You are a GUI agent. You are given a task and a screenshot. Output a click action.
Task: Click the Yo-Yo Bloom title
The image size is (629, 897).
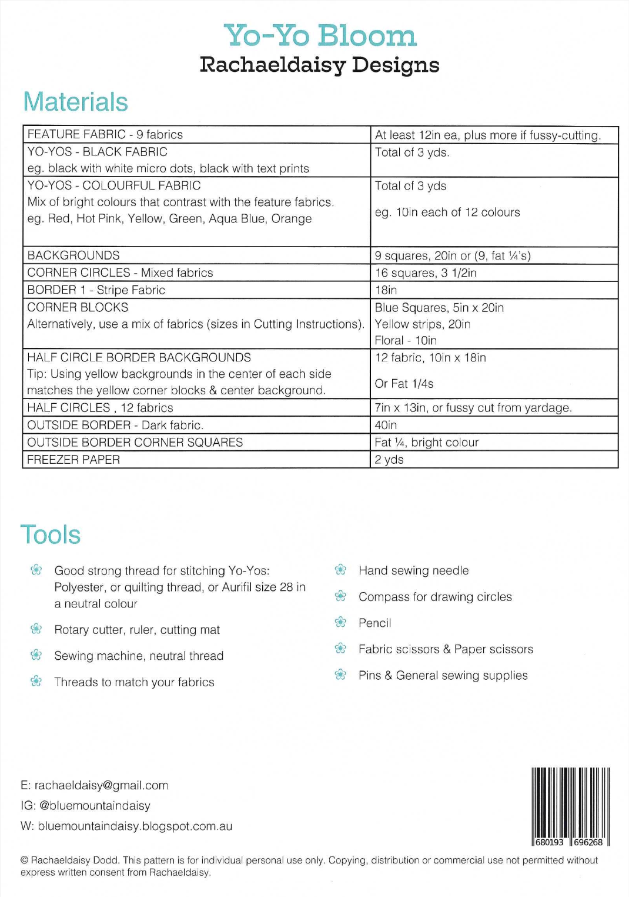click(320, 36)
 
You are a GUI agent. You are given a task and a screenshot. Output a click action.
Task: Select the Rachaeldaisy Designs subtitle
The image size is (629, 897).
click(319, 65)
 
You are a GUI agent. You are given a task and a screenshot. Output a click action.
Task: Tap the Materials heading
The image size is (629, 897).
click(75, 102)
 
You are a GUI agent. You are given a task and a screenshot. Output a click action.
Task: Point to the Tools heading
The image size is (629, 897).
click(51, 535)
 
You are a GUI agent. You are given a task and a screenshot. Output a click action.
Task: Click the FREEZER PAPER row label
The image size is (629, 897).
click(73, 460)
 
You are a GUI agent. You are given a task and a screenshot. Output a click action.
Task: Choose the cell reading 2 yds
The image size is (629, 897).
click(389, 460)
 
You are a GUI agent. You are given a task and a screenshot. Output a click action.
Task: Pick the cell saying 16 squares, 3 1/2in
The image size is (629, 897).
click(426, 273)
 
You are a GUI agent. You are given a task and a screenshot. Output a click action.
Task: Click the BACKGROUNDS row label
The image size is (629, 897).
click(73, 255)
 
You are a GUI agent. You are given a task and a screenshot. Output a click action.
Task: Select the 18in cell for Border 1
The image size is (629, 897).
click(386, 290)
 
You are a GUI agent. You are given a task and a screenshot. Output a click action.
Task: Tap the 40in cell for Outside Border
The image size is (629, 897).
click(386, 425)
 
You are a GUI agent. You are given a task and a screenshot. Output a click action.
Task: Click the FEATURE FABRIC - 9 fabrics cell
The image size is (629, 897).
click(105, 135)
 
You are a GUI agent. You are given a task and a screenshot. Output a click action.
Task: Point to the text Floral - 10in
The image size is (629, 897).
click(406, 341)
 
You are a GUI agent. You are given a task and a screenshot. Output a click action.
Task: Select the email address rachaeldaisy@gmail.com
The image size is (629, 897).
click(101, 785)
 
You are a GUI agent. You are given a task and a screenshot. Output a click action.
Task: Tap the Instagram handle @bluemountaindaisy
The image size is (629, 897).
click(95, 806)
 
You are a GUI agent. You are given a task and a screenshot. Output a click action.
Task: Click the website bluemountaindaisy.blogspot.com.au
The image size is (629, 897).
click(135, 826)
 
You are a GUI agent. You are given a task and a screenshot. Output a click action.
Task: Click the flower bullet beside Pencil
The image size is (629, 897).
click(340, 622)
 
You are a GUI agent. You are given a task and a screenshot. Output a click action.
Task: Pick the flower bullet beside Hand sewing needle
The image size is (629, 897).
click(340, 570)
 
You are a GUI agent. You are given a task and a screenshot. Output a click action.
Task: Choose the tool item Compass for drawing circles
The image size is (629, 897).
click(435, 597)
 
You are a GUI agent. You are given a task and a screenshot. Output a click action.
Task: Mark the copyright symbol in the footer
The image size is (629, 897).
click(25, 861)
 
